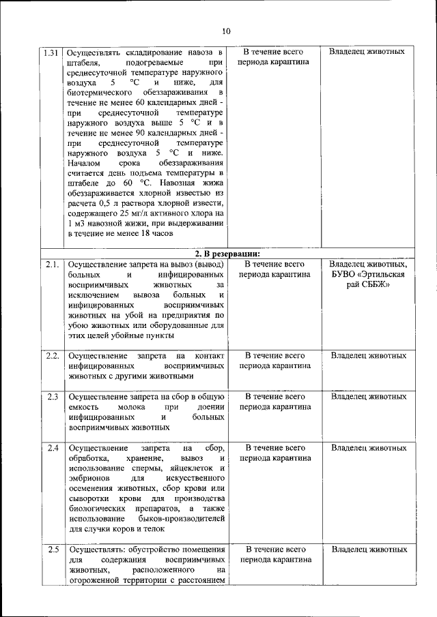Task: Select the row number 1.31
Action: [x=51, y=52]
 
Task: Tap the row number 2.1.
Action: [x=52, y=265]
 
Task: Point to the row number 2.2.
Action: [x=52, y=356]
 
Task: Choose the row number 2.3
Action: [x=52, y=397]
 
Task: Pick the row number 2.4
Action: [x=52, y=448]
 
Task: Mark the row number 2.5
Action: [x=52, y=550]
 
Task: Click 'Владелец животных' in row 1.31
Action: [x=369, y=52]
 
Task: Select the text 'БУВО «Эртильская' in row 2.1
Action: [x=369, y=275]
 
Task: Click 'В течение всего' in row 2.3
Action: [x=274, y=397]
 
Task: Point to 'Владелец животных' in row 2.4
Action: [x=369, y=448]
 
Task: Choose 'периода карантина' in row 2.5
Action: [x=274, y=560]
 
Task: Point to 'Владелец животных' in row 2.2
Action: [x=369, y=356]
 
